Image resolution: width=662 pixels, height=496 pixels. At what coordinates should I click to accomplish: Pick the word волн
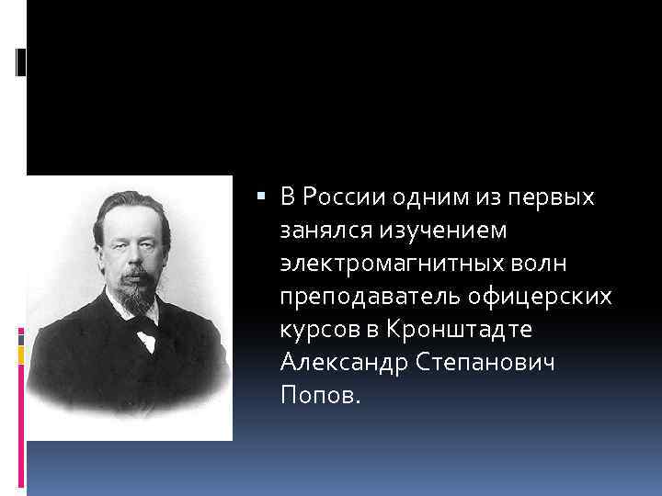[542, 263]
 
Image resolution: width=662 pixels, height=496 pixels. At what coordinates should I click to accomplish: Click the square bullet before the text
[264, 196]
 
